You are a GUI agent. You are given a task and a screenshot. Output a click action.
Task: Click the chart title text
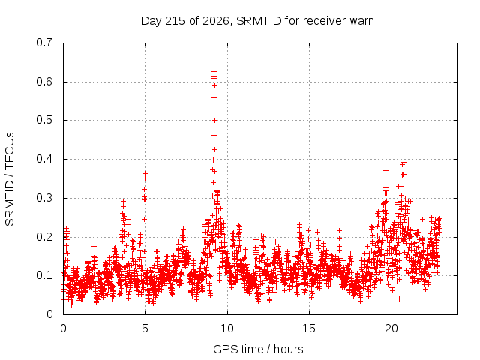click(x=257, y=21)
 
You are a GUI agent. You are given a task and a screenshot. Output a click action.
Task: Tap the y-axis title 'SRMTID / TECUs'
click(x=10, y=179)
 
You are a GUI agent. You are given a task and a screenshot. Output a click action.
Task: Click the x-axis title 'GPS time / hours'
click(x=258, y=349)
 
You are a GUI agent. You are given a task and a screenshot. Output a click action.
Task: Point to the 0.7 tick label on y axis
click(x=44, y=43)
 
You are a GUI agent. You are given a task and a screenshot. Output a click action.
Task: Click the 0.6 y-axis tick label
click(x=44, y=82)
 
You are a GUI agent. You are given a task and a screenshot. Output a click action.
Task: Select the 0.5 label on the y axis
click(x=44, y=120)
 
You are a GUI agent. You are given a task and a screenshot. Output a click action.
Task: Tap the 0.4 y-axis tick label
click(x=44, y=159)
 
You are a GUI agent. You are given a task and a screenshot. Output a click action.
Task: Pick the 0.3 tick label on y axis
click(x=44, y=198)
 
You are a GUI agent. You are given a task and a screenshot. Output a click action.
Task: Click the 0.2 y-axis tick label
click(x=44, y=237)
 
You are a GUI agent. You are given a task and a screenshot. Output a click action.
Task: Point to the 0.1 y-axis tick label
click(x=44, y=275)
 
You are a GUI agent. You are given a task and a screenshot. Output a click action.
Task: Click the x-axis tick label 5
click(x=145, y=328)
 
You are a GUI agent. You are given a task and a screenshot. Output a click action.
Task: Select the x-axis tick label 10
click(x=227, y=328)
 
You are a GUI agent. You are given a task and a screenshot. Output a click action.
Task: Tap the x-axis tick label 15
click(x=309, y=328)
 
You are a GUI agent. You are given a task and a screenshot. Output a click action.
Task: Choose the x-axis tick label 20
click(x=391, y=328)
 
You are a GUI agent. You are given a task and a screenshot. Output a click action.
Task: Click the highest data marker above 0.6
click(x=214, y=72)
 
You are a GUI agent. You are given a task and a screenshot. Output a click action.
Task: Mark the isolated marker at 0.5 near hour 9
click(x=215, y=121)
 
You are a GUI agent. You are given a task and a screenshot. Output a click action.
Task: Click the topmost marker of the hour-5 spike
click(x=145, y=173)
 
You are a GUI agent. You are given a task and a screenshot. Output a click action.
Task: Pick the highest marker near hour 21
click(x=403, y=163)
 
